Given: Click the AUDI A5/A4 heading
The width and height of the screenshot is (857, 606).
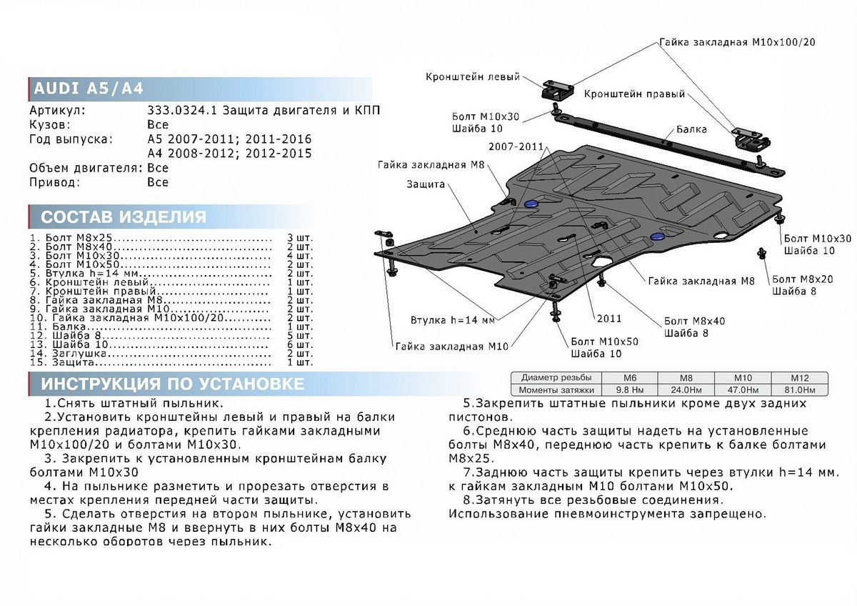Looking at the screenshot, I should pos(89,89).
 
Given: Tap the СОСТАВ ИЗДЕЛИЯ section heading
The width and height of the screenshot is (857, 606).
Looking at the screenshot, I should pos(124,217).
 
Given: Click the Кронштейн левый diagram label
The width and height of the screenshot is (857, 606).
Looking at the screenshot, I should pos(473,76).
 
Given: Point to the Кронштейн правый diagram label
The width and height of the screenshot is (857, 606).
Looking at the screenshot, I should pos(634,94).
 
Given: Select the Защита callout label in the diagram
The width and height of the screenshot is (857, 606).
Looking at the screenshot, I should pos(426,184).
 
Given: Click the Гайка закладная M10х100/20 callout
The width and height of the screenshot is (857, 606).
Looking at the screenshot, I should pos(737,42).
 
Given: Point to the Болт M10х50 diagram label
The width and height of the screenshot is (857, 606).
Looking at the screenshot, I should pos(604,342).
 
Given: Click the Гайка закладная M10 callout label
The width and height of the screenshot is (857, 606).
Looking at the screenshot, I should pos(451,346).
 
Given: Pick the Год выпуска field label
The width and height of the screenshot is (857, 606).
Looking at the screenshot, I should pos(71,138).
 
